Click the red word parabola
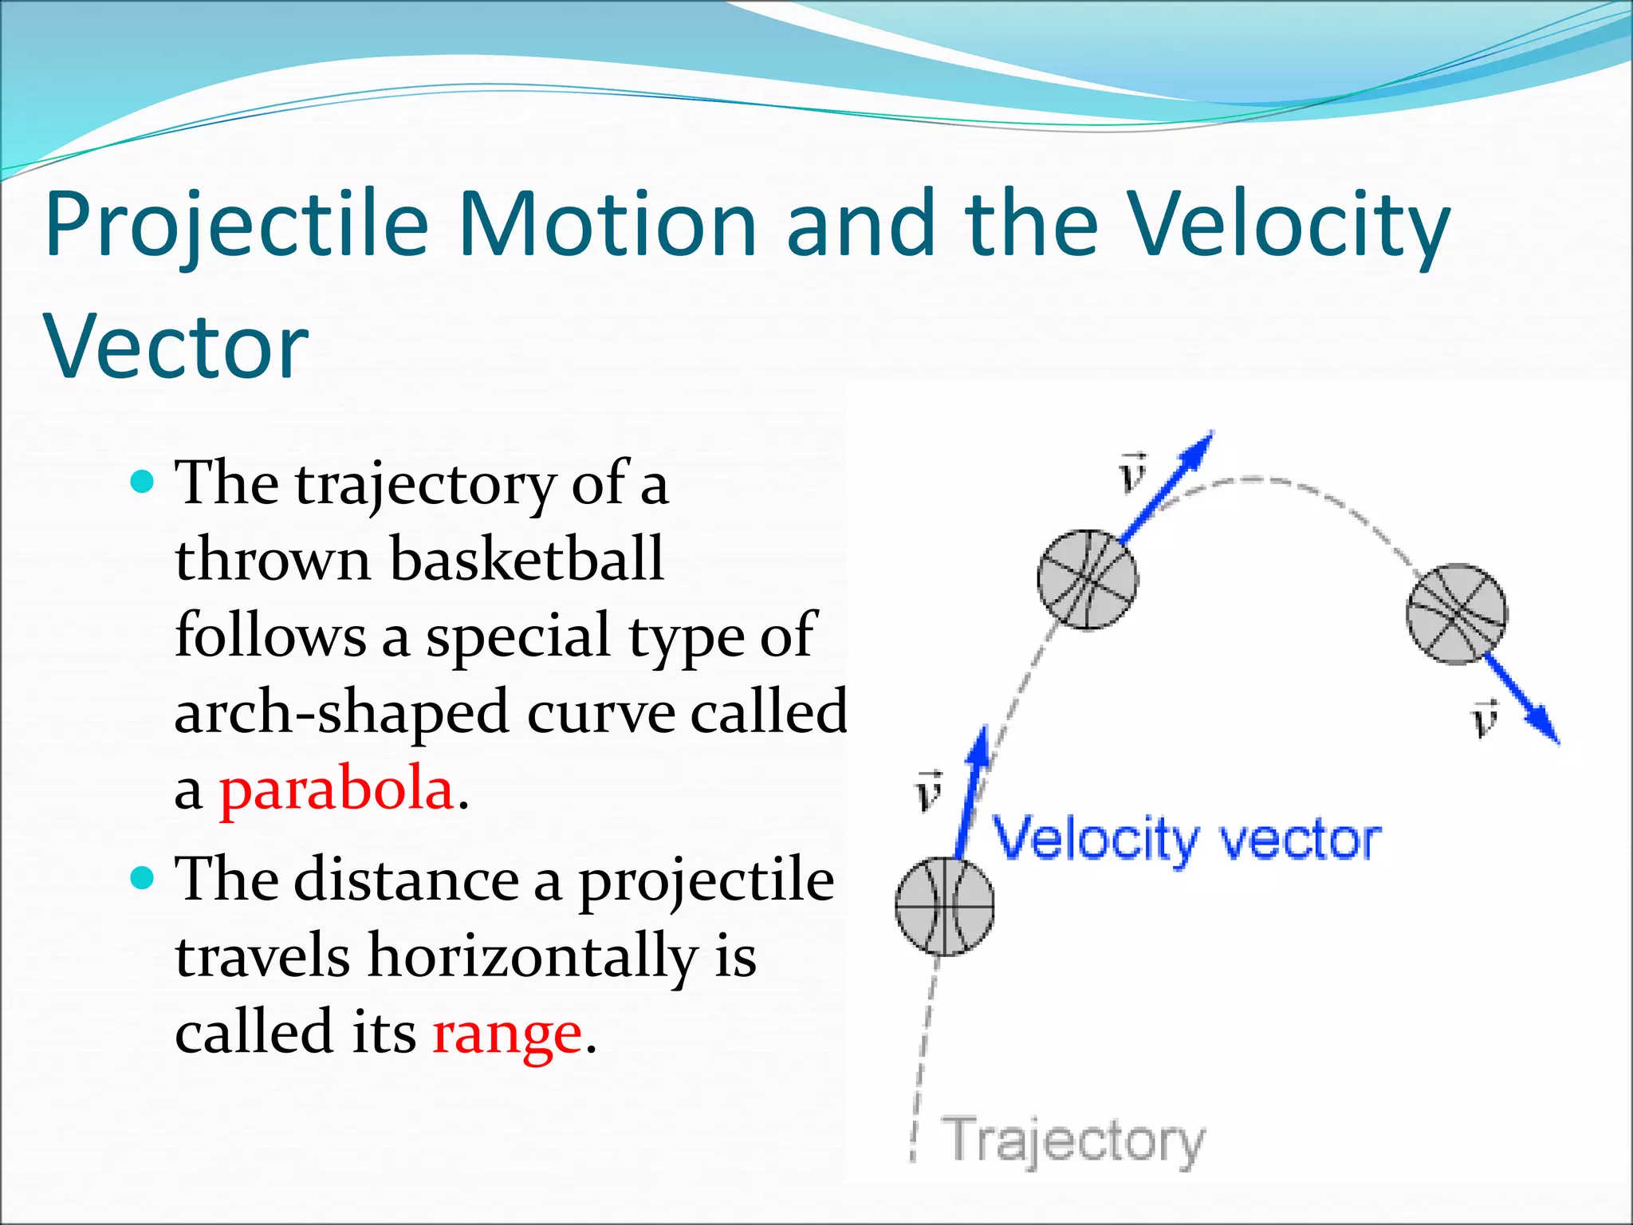(336, 790)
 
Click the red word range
(507, 1033)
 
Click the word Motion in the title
(607, 225)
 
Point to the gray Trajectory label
(1072, 1140)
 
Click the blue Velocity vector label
(1186, 840)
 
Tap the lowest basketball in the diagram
(945, 906)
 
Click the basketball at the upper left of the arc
(1088, 580)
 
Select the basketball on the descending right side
(1457, 613)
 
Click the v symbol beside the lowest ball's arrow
(928, 791)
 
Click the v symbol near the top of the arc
(1132, 472)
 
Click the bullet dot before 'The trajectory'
(141, 482)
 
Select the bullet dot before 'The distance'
(141, 878)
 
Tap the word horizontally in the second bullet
(532, 956)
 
